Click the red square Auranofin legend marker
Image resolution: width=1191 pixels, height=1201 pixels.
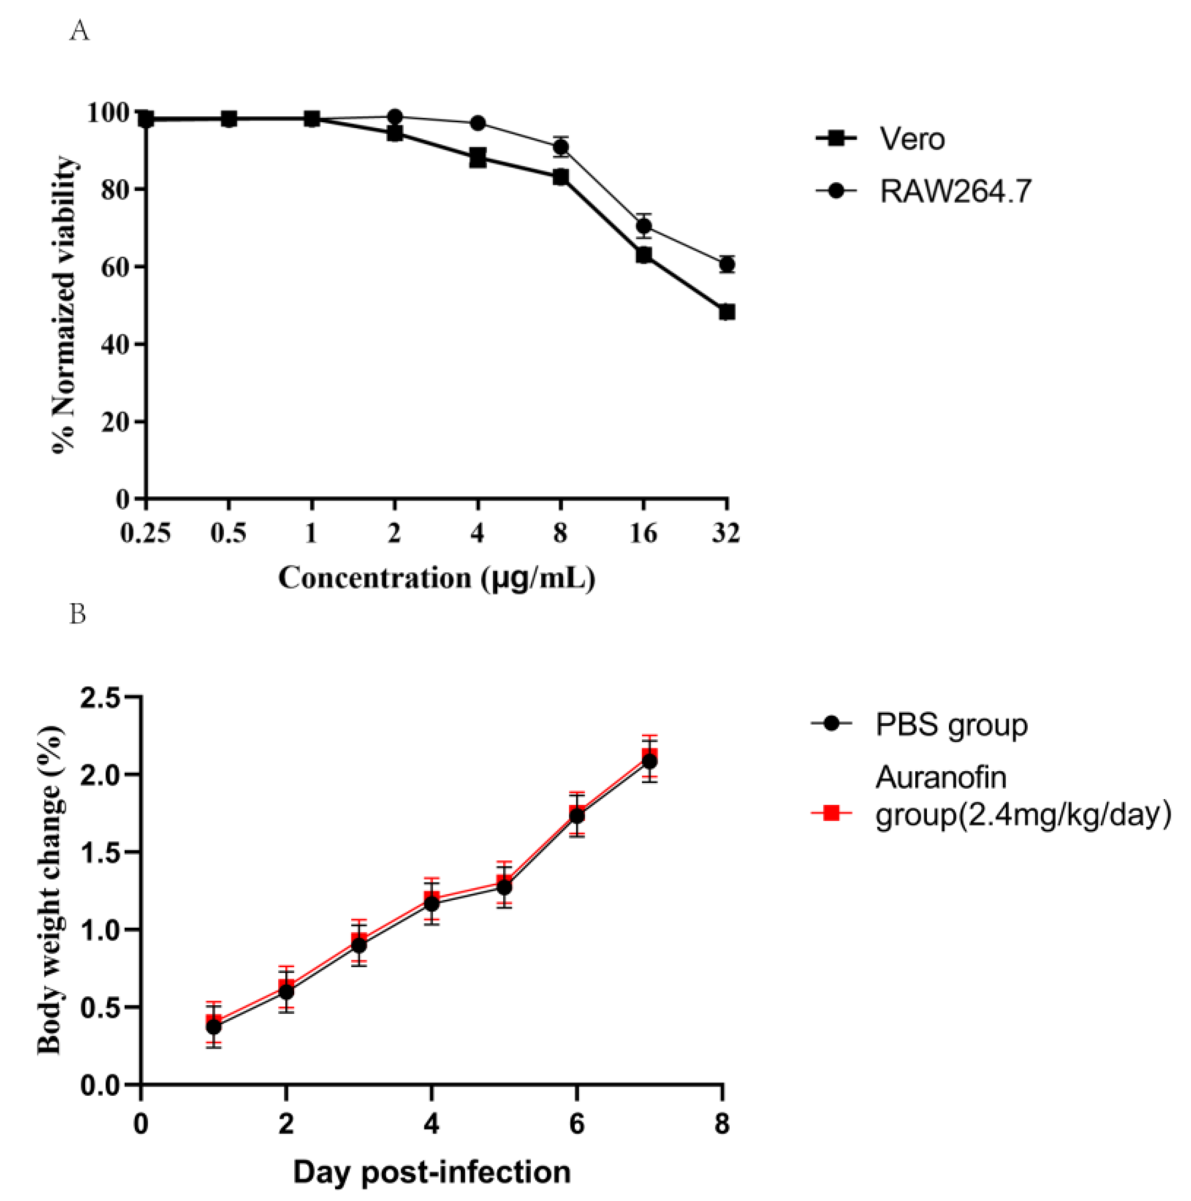pyautogui.click(x=831, y=812)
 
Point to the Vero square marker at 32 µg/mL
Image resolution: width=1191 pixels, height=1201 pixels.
pyautogui.click(x=726, y=312)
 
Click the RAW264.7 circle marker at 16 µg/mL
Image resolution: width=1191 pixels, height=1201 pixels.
pyautogui.click(x=644, y=226)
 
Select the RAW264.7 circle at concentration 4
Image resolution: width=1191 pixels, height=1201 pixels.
pyautogui.click(x=477, y=123)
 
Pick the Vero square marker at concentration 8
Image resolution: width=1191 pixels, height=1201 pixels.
pyautogui.click(x=561, y=178)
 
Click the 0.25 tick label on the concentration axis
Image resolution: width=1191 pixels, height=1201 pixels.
pyautogui.click(x=145, y=533)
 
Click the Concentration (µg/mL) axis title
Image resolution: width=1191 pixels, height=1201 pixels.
pyautogui.click(x=436, y=578)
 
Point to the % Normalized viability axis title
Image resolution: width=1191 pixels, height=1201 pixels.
pyautogui.click(x=65, y=304)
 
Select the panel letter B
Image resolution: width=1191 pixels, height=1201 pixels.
pyautogui.click(x=78, y=614)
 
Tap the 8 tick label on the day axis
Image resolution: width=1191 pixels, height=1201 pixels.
pyautogui.click(x=722, y=1124)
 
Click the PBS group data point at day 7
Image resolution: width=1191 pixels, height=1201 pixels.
pyautogui.click(x=649, y=762)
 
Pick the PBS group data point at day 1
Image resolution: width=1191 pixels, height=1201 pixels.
pyautogui.click(x=214, y=1027)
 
